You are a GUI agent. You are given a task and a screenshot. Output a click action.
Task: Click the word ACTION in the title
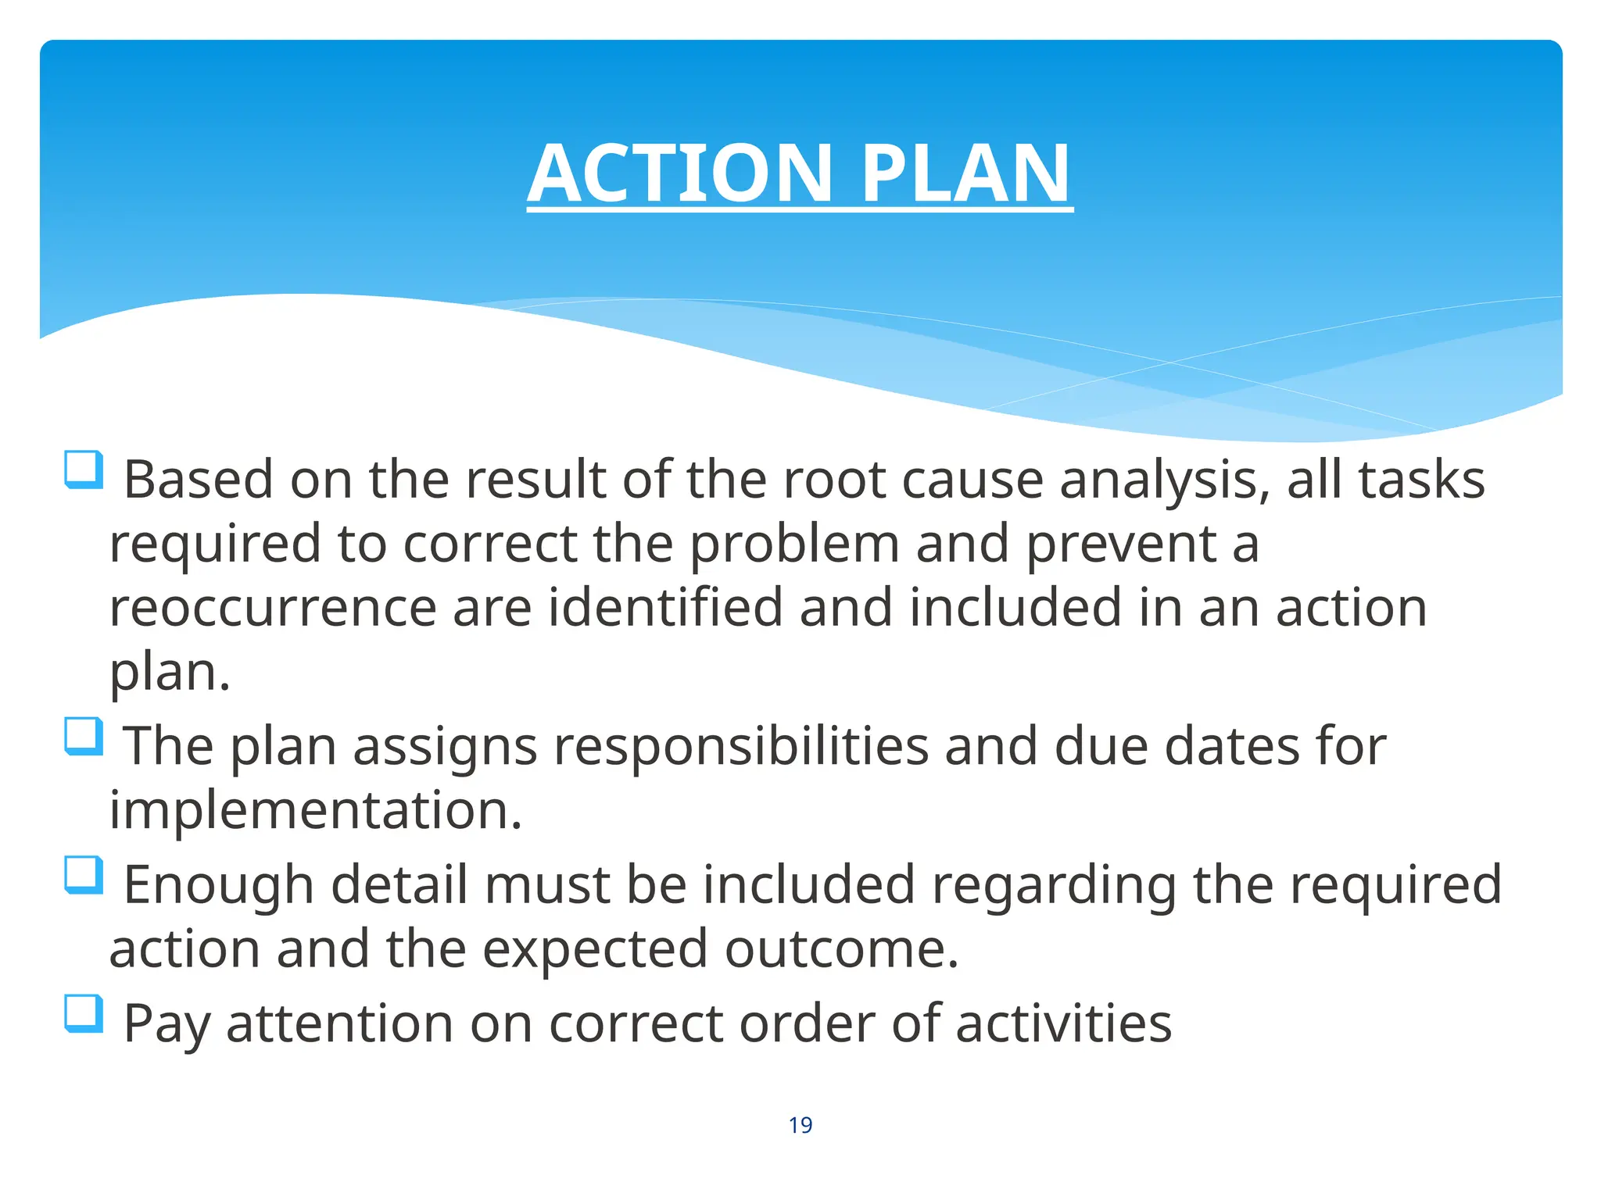tap(680, 173)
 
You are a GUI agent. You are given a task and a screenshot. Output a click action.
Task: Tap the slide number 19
tap(800, 1125)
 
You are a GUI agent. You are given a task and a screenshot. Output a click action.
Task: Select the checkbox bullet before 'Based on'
tap(84, 470)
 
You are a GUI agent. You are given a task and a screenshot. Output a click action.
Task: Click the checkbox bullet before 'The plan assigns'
tap(84, 737)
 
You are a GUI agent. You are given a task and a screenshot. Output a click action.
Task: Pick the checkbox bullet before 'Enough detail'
tap(84, 875)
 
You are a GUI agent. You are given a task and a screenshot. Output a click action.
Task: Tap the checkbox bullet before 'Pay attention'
tap(84, 1013)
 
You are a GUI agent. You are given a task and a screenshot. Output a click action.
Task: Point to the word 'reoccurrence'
tap(273, 608)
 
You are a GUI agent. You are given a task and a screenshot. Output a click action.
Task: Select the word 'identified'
tap(664, 608)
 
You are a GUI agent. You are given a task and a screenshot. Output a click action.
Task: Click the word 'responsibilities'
tap(741, 746)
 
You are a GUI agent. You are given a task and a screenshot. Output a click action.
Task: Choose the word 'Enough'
tap(219, 885)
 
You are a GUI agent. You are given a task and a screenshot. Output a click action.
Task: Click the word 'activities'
tap(1063, 1023)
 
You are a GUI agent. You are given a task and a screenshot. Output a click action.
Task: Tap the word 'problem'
tap(794, 545)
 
